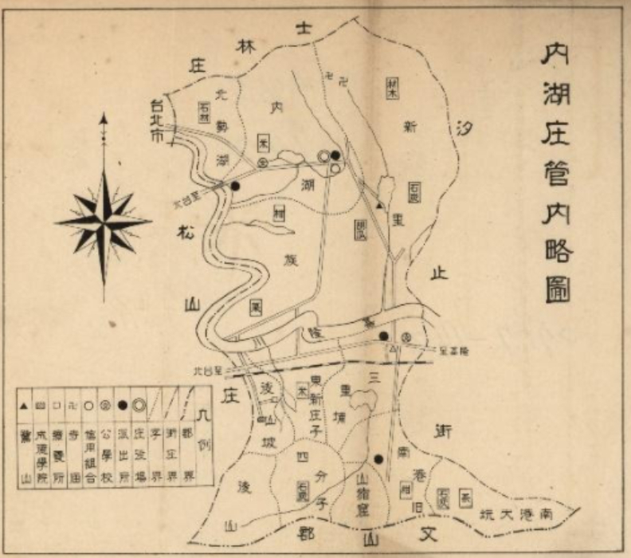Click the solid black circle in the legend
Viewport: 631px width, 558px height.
pyautogui.click(x=123, y=406)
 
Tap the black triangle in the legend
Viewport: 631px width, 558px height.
pyautogui.click(x=24, y=407)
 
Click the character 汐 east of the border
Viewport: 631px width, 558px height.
pyautogui.click(x=468, y=126)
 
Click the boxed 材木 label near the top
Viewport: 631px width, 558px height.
pyautogui.click(x=392, y=86)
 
